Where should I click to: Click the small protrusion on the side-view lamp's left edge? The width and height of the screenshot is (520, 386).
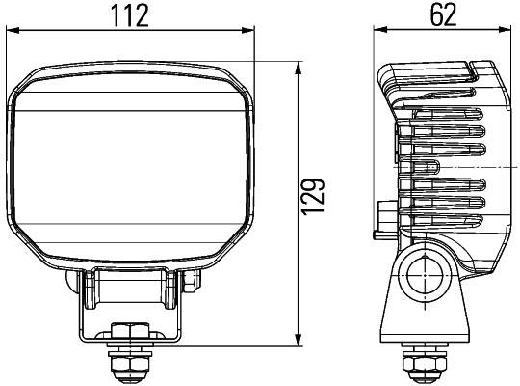[384, 214]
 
